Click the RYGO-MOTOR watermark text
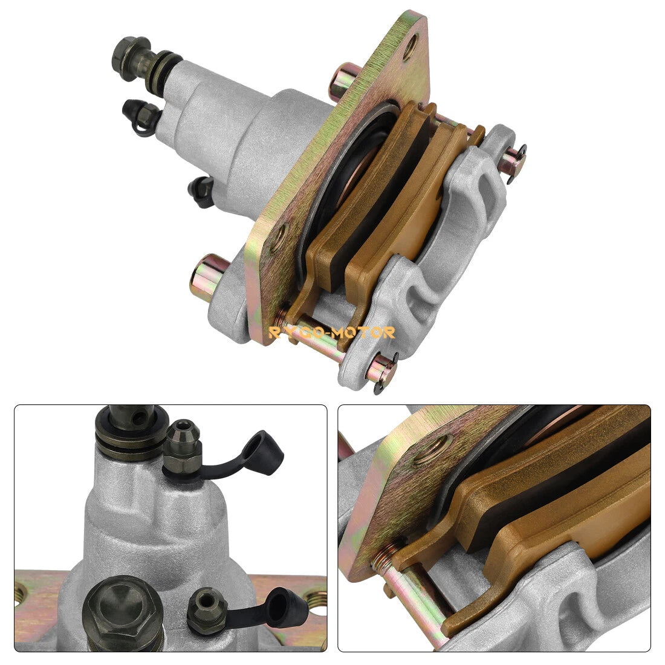(332, 332)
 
